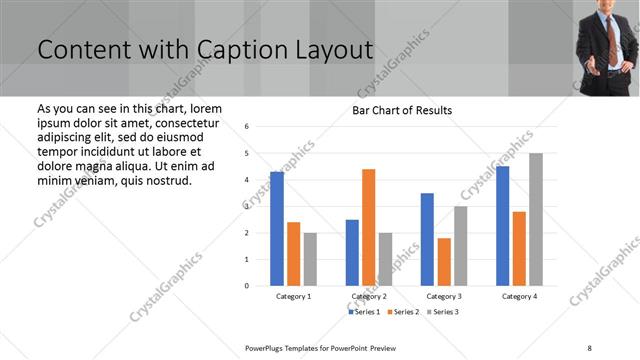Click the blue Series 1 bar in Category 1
pos(277,229)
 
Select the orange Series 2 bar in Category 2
pos(368,227)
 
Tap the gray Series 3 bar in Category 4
pos(536,219)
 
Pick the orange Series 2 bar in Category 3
pos(444,261)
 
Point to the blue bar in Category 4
pos(502,226)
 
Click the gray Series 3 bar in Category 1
pos(310,259)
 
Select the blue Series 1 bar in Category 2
pos(352,252)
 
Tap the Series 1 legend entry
pos(364,312)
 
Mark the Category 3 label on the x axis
pos(443,296)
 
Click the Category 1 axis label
pos(293,296)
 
